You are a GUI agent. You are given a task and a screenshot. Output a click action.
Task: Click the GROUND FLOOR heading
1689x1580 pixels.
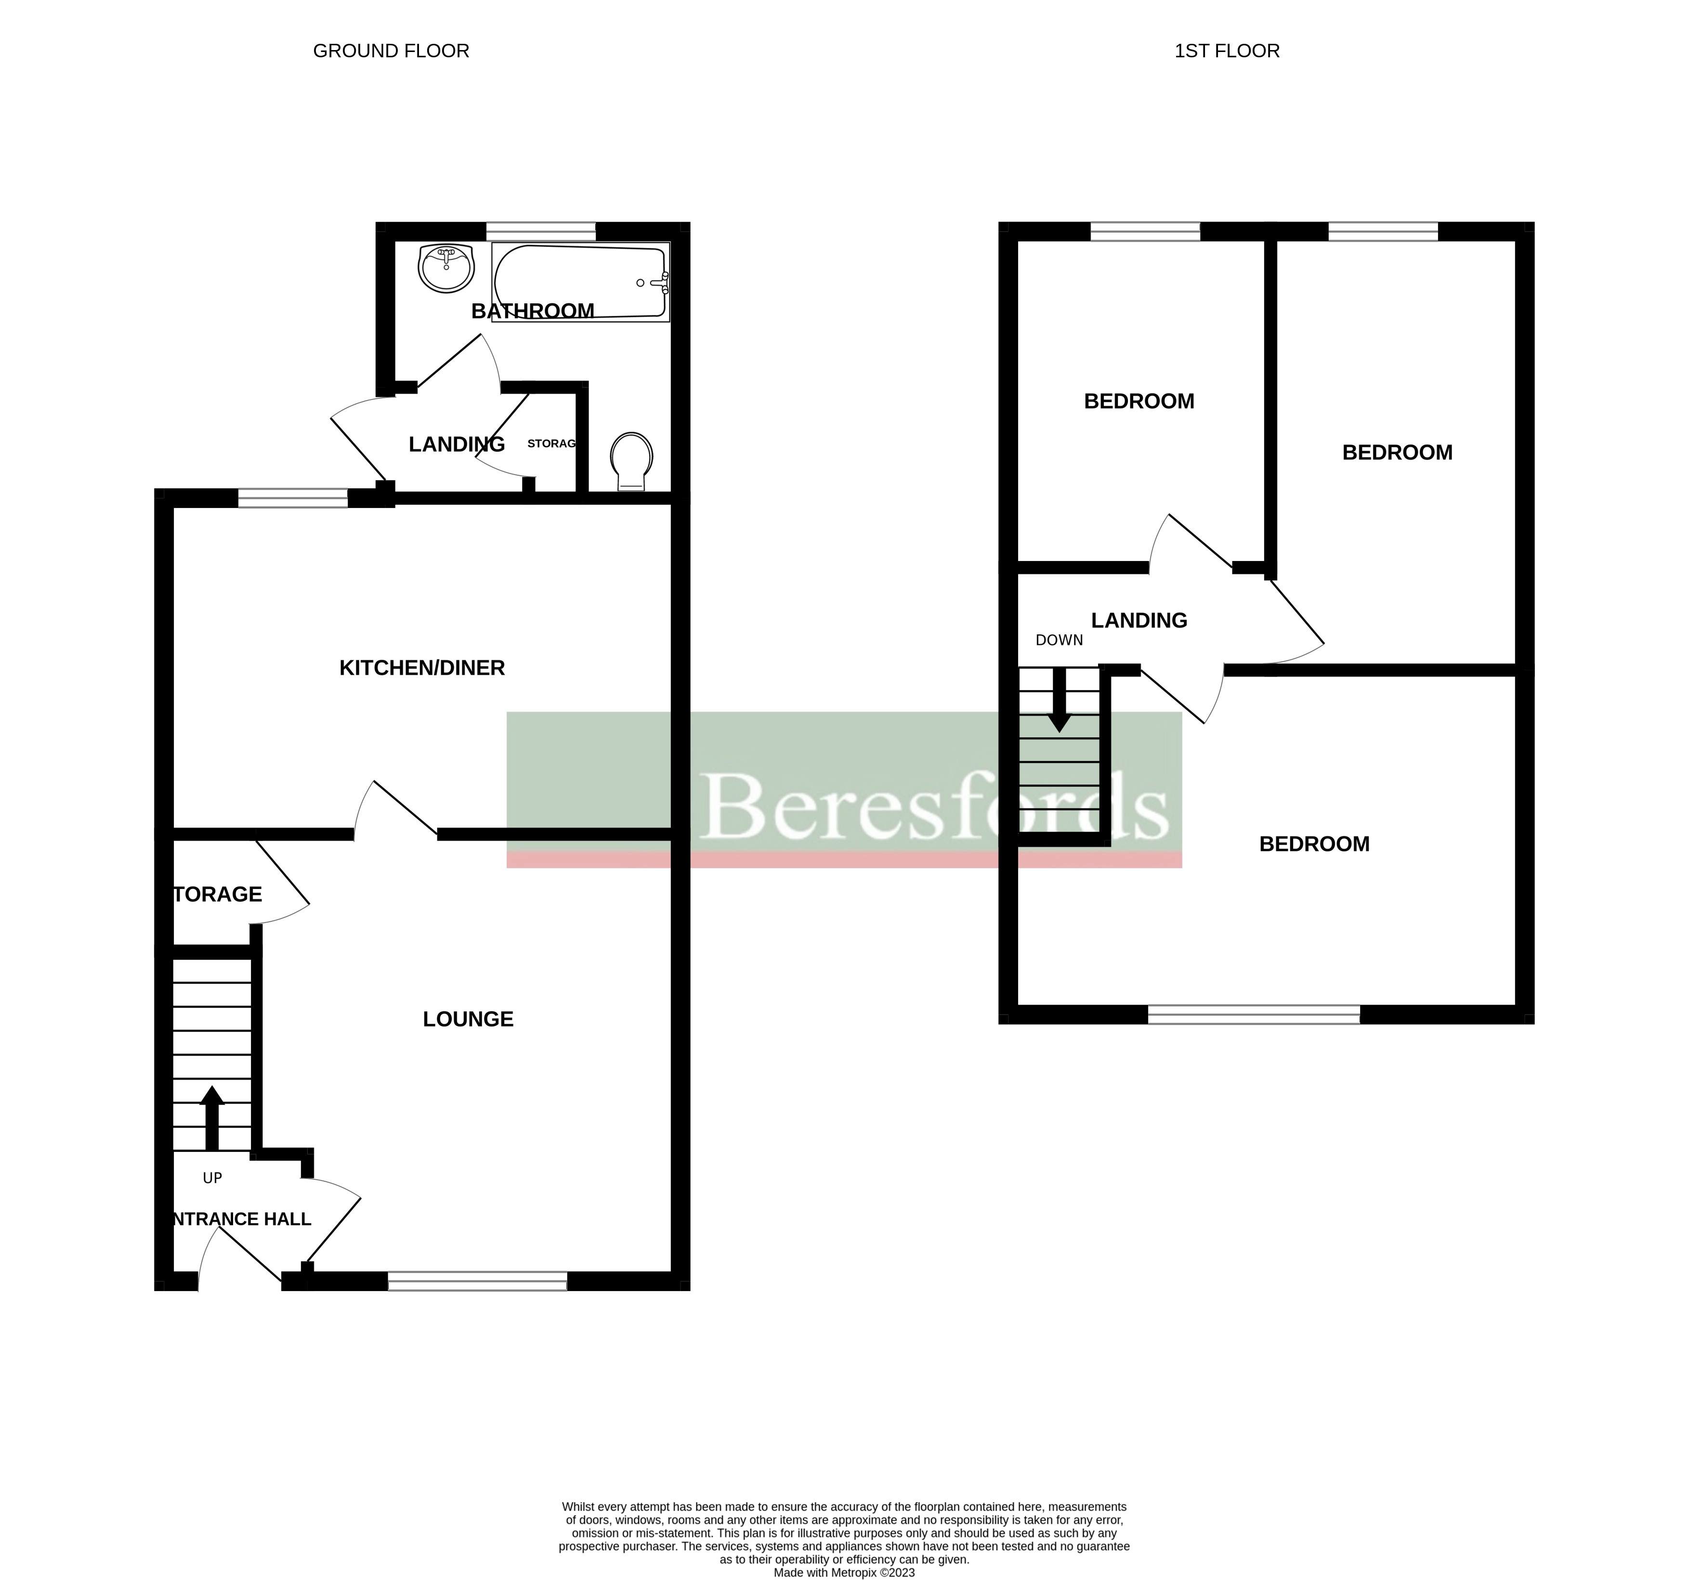click(x=391, y=51)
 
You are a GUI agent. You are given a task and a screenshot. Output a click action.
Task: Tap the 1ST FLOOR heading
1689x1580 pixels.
click(x=1226, y=51)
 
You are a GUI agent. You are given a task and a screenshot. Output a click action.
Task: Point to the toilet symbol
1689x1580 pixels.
click(x=631, y=461)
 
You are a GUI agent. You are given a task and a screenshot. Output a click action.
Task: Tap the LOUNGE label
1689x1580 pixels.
click(x=468, y=1019)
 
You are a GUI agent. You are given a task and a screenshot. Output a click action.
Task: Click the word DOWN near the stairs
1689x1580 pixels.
click(x=1059, y=640)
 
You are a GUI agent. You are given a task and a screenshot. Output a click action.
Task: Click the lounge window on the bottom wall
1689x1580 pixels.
click(x=477, y=1281)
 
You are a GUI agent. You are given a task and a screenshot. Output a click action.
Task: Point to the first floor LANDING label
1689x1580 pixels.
click(x=1139, y=620)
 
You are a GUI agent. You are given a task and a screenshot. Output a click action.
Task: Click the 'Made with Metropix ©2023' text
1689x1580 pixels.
click(x=844, y=1572)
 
